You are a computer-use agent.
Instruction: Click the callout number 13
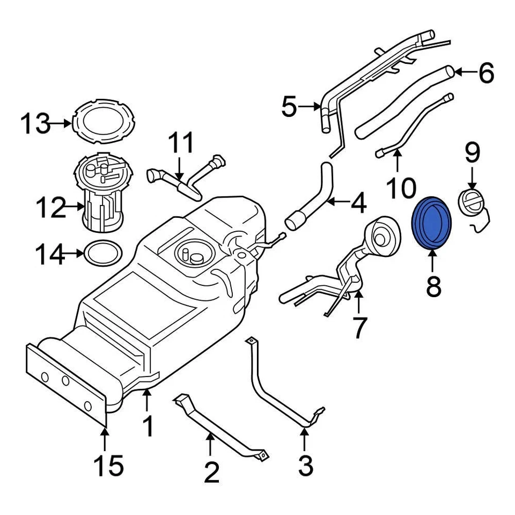[x=35, y=124]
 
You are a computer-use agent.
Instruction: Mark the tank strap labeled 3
[x=279, y=386]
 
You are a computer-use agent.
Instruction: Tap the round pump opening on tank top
[x=190, y=252]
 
